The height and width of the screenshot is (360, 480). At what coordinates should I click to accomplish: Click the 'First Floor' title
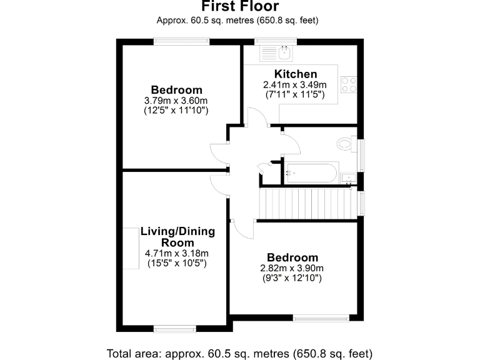coord(240,7)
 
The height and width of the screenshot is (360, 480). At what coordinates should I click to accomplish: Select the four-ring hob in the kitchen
coord(349,84)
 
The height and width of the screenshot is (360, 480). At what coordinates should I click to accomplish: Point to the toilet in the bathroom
coord(346,144)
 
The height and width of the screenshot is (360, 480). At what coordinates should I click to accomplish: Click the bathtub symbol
coord(311,172)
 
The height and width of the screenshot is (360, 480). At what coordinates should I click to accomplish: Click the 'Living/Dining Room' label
coord(177,237)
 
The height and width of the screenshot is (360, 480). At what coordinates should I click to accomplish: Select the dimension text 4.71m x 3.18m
coord(177,253)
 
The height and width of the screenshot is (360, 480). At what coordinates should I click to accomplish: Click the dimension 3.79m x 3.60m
coord(176,100)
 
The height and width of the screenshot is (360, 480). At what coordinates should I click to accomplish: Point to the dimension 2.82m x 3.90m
coord(292,269)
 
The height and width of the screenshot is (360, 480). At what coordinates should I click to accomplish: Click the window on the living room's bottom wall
coord(174,327)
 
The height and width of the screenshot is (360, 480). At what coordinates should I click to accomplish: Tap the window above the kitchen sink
coord(276,41)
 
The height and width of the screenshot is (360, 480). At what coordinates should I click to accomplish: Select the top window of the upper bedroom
coord(182,41)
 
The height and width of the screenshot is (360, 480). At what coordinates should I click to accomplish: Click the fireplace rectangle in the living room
coord(131,249)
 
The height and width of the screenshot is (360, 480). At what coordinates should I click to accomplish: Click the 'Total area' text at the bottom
coord(240,351)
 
